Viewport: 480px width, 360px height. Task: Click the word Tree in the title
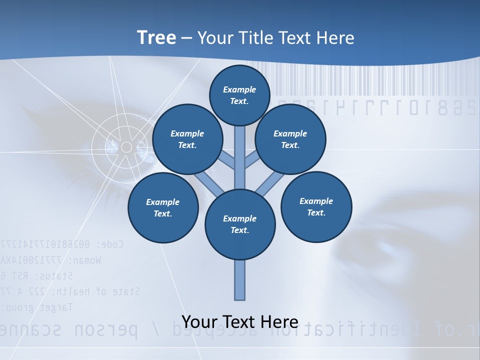pos(156,37)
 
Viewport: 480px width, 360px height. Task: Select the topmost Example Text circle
pos(239,95)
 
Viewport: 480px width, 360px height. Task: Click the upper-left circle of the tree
pos(187,139)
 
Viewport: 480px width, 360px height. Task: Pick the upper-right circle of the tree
pos(290,139)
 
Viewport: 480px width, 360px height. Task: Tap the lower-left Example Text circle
pos(163,207)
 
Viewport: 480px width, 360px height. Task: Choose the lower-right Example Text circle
pos(316,206)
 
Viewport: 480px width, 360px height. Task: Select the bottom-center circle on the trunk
pos(240,224)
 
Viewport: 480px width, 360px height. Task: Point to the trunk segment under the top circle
pos(240,150)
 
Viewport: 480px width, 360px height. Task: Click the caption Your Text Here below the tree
pos(240,321)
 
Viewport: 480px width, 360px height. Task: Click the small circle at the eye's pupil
pos(126,147)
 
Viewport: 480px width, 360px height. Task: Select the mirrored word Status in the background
pos(55,275)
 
